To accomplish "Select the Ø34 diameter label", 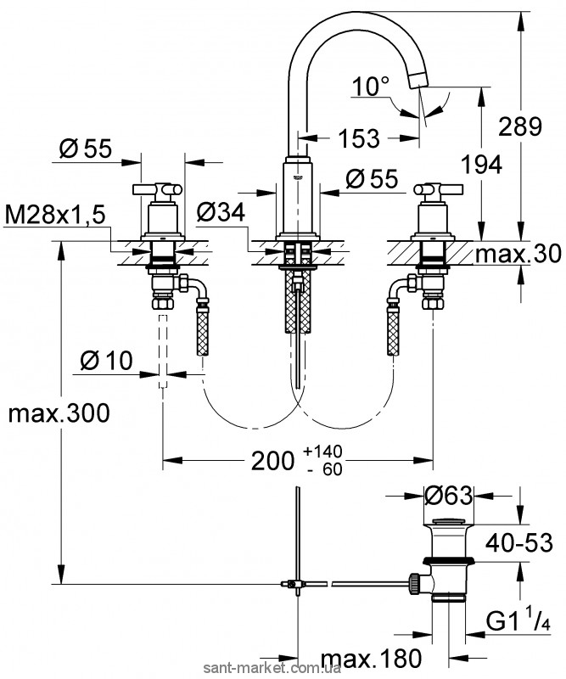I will pos(220,213).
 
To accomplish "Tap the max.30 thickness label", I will pos(520,254).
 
